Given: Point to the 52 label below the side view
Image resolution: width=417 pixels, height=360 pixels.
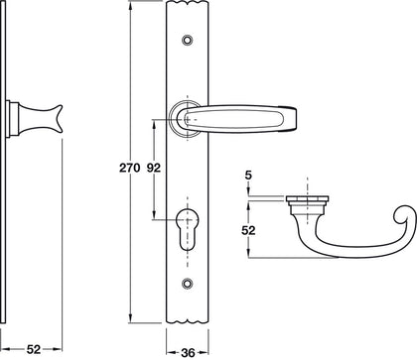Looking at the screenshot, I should click(33, 349).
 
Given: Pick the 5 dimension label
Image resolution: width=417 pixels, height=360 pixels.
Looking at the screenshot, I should click(249, 179).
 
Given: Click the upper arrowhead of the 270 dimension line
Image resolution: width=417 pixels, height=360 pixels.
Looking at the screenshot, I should click(132, 8).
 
